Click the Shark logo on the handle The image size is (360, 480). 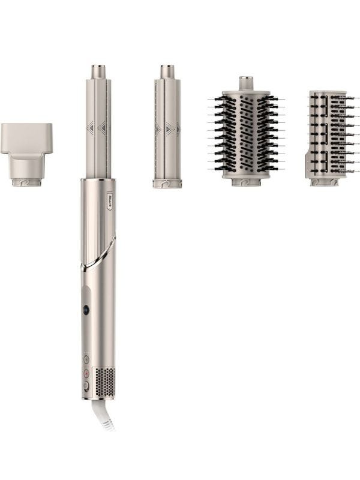click(94, 196)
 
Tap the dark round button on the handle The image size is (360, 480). click(85, 310)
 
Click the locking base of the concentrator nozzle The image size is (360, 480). click(26, 180)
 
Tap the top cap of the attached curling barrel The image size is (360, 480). click(98, 71)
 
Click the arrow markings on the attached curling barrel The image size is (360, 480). click(97, 127)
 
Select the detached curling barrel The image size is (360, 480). click(167, 129)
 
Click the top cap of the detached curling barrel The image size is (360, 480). click(167, 71)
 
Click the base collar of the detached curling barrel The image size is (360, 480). click(167, 183)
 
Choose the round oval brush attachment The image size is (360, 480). click(246, 135)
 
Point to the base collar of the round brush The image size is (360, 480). click(246, 180)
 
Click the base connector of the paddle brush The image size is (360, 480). click(325, 181)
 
